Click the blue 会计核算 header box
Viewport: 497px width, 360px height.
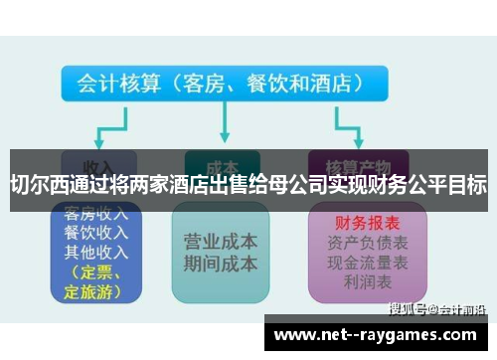click(220, 84)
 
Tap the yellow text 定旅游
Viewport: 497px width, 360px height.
click(91, 291)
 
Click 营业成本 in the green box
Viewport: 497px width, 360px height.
click(221, 243)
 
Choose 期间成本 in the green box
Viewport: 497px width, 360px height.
click(221, 265)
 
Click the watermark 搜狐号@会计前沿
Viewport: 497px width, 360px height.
click(436, 308)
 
